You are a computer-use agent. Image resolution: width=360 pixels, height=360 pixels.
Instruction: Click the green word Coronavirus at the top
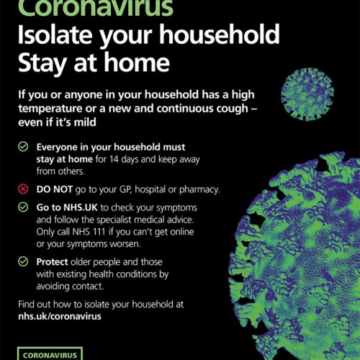coord(96,7)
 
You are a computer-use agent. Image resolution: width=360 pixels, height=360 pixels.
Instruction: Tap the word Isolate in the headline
coord(55,35)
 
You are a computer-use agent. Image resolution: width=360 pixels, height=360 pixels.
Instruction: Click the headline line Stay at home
coord(94,63)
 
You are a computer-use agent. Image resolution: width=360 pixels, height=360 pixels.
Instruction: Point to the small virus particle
coord(307,94)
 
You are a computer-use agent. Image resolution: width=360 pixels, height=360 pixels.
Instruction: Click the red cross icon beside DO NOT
coord(23,189)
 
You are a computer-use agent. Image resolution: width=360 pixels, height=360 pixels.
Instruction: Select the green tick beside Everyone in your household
coord(23,146)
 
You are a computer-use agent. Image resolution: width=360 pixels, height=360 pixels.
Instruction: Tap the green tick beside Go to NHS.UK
coord(23,207)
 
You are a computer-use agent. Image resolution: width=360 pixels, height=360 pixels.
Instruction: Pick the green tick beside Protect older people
coord(23,261)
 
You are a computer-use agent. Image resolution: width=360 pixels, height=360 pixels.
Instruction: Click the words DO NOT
coord(55,189)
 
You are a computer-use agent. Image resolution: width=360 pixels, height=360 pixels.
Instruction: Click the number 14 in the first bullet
coord(114,159)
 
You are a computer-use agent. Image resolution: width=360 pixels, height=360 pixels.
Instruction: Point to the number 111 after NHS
coord(99,232)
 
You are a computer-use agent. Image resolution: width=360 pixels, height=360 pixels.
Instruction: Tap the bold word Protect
coord(52,262)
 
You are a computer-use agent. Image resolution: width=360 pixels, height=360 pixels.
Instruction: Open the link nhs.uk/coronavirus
coord(60,316)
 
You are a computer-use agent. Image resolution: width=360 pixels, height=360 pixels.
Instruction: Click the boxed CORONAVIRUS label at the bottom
coord(50,354)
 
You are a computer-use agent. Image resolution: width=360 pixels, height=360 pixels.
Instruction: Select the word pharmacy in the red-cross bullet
coord(199,190)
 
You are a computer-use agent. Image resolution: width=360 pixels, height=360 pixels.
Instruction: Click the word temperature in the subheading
coord(50,109)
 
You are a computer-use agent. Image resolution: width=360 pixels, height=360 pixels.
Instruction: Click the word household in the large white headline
coord(220,35)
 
